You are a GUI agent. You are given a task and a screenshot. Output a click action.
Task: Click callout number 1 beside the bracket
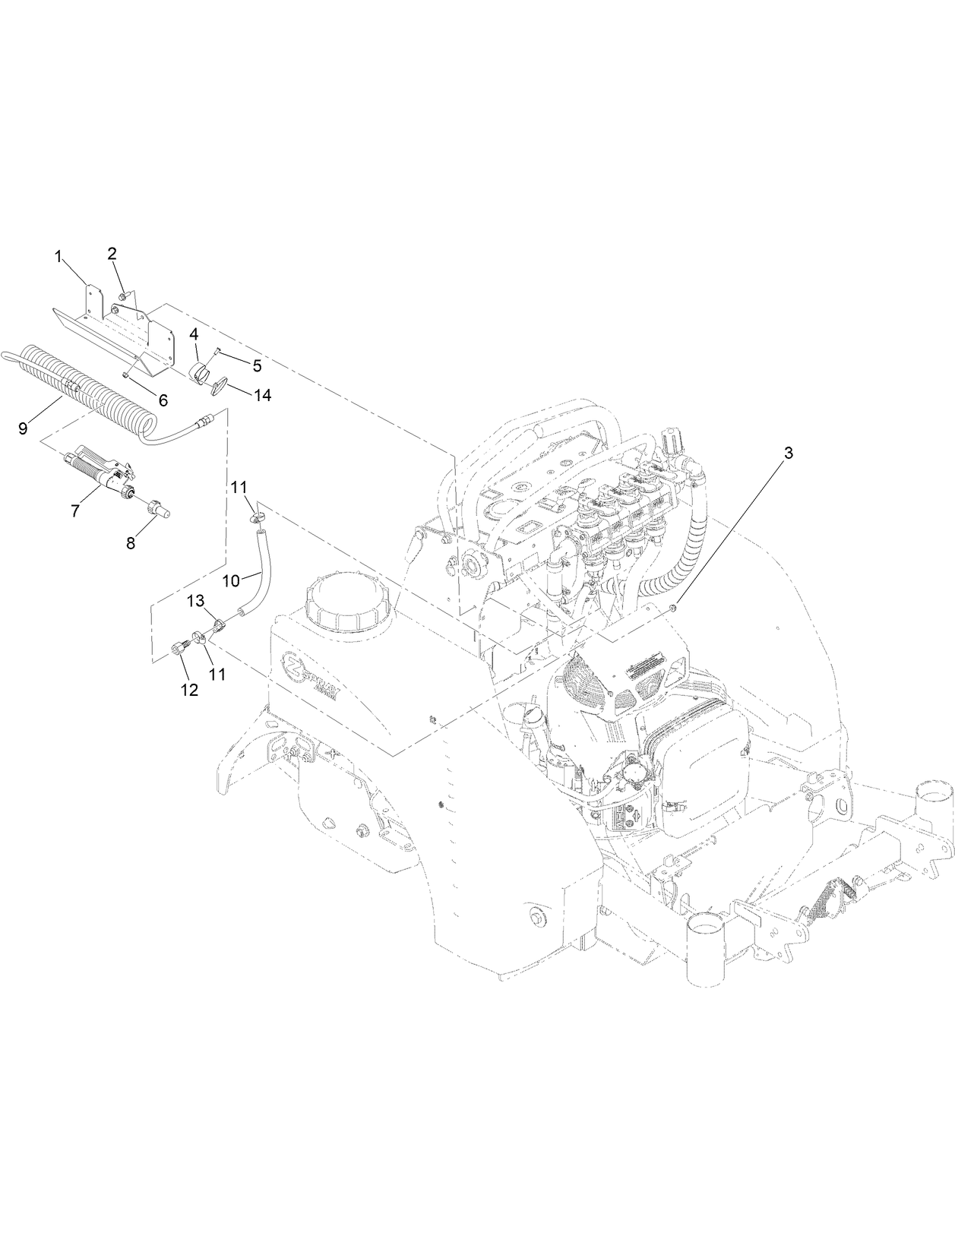click(x=58, y=258)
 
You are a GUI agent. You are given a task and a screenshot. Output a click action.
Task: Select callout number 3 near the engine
click(x=788, y=454)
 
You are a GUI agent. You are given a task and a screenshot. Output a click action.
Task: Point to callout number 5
click(x=257, y=365)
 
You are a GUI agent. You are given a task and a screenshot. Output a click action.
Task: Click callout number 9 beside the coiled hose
click(x=23, y=428)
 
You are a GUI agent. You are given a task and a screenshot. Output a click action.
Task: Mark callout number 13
click(x=196, y=601)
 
